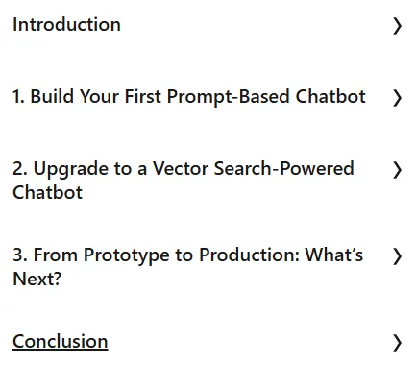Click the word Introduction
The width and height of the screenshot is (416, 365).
coord(66,25)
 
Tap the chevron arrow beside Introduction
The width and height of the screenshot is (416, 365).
coord(397,26)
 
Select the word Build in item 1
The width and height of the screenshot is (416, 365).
coord(52,96)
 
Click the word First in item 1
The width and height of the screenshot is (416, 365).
coord(143,96)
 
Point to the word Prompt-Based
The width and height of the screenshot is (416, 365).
coord(228,97)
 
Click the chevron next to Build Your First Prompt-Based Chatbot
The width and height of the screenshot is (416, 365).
coord(397,98)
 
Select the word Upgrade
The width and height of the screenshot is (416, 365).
coord(71,169)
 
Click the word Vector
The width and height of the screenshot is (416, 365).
coord(181,168)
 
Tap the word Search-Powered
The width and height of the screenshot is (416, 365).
coord(284,168)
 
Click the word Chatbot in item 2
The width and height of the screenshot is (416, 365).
coord(47,192)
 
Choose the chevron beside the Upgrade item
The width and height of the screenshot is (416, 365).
coord(397,170)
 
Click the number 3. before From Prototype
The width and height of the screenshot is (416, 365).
coord(20,255)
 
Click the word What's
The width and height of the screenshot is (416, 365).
coord(334,255)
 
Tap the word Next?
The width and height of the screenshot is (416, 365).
coord(37,279)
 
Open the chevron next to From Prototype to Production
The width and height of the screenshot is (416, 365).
coord(397,256)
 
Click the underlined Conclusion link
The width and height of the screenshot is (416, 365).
coord(61,341)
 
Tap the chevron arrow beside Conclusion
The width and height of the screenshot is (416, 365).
coord(397,343)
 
